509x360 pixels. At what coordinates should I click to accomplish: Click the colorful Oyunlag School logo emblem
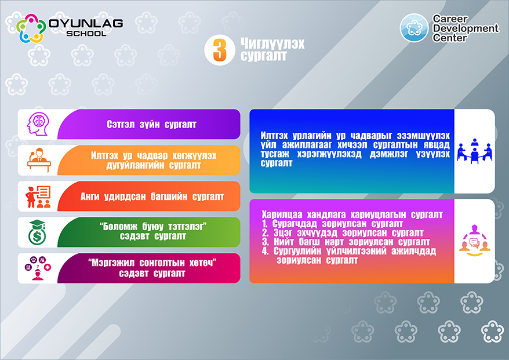point(31,28)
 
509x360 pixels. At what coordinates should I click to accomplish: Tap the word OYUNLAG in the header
point(86,23)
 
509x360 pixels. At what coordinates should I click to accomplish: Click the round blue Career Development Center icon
point(414,28)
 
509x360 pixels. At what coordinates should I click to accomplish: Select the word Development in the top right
point(466,28)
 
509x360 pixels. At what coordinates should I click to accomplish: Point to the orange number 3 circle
point(220,50)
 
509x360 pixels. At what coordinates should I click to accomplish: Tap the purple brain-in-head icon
point(38,124)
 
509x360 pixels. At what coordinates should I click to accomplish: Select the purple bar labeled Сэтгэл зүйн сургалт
point(149,124)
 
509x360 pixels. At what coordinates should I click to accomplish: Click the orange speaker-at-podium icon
point(39,160)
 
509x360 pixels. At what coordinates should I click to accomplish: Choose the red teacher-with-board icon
point(38,197)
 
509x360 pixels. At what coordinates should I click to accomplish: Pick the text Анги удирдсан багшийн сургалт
point(152,197)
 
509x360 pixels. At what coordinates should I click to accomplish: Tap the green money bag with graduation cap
point(37,232)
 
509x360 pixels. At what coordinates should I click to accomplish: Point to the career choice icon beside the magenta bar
point(38,268)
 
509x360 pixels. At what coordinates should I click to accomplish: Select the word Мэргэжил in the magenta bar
point(112,263)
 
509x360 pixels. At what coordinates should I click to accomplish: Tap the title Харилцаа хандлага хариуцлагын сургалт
point(352,214)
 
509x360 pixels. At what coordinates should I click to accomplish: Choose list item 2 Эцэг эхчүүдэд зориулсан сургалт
point(343,232)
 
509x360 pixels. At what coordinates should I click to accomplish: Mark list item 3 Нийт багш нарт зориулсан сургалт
point(346,242)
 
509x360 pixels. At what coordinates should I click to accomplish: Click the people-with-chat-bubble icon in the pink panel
point(475,241)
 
